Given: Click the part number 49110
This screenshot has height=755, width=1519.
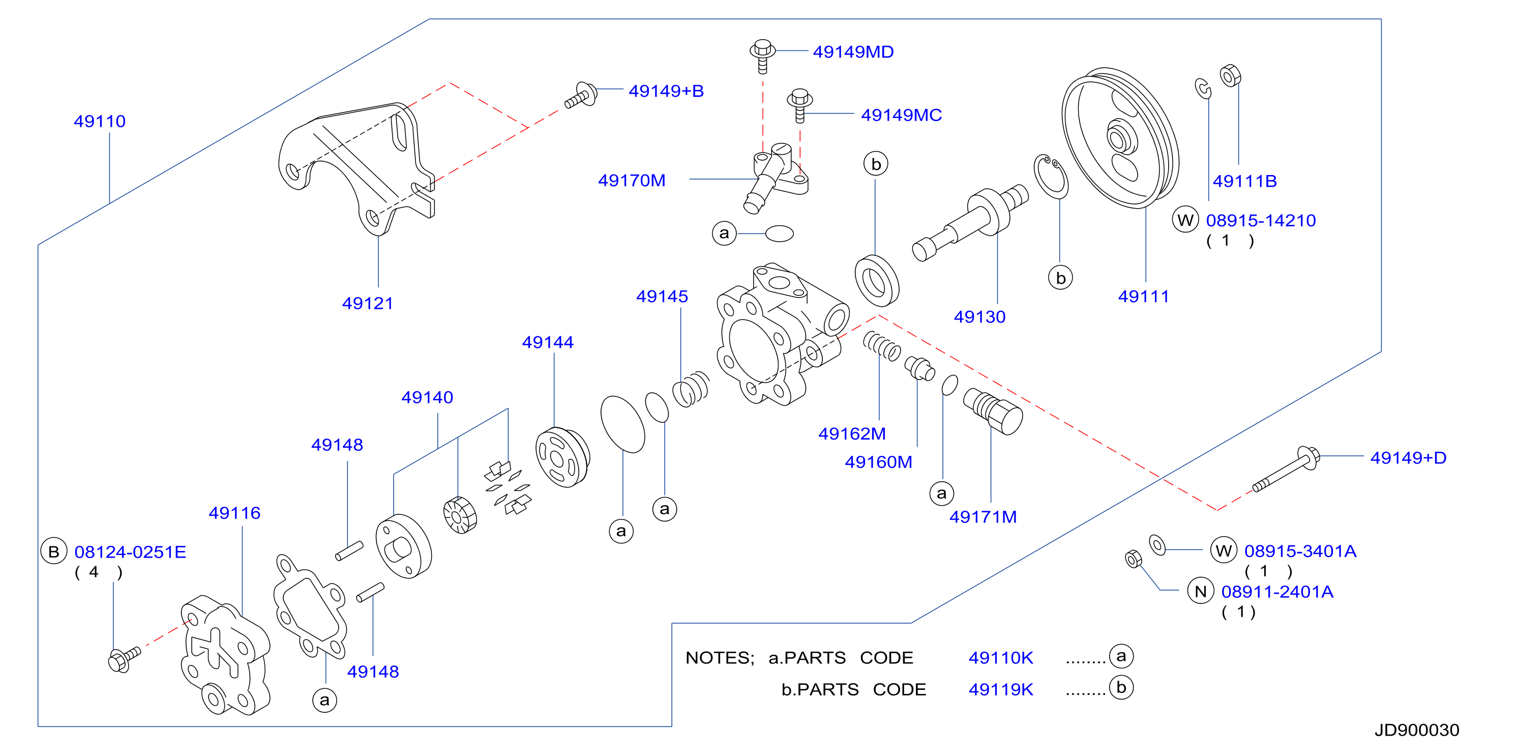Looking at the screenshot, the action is tap(100, 122).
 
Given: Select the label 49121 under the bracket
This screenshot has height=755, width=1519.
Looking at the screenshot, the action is tap(367, 303).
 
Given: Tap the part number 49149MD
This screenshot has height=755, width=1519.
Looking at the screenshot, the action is tap(853, 52).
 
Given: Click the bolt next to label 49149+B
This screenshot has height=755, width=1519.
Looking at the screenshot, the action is tap(581, 96).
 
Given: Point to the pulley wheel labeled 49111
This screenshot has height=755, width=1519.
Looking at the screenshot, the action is tap(1120, 138).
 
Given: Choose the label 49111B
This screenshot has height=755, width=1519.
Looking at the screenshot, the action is tap(1244, 181).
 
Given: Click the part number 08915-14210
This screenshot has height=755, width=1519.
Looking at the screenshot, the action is tap(1261, 221).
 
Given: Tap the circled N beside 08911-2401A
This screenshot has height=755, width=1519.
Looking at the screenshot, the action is tap(1201, 592).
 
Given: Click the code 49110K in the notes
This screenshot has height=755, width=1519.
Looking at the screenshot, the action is tap(1001, 658).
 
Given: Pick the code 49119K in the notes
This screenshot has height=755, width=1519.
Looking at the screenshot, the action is tap(1001, 689).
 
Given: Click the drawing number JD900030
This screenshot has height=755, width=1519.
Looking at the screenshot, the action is tap(1416, 730).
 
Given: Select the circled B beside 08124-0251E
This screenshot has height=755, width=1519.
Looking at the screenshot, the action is tap(54, 551).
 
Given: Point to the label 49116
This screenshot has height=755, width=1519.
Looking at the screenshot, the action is tap(235, 513).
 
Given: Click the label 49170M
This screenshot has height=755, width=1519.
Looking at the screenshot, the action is tap(632, 181).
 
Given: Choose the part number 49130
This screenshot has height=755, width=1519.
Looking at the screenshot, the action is tap(979, 317).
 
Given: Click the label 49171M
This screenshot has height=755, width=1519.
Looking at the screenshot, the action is tap(983, 517).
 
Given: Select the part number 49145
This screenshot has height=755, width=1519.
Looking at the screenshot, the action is tap(662, 297).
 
